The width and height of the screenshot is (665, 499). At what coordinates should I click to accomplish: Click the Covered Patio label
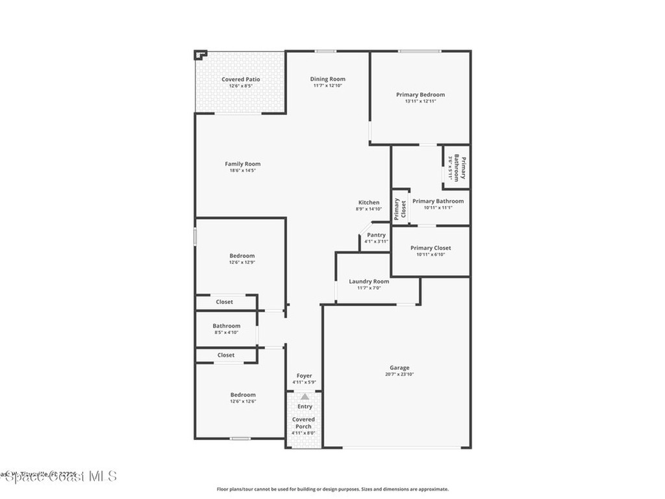(x=240, y=79)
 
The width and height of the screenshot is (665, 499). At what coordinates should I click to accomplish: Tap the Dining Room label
(x=327, y=79)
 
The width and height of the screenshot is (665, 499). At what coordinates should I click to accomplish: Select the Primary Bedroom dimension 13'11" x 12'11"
(x=420, y=101)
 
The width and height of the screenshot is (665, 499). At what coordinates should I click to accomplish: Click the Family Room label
(x=242, y=164)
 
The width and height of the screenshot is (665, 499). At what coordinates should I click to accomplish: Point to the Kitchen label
(x=368, y=203)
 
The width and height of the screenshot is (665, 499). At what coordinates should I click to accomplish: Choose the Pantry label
(x=376, y=235)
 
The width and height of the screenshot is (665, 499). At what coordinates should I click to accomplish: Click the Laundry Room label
(x=369, y=281)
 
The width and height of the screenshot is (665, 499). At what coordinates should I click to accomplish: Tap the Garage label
(x=399, y=368)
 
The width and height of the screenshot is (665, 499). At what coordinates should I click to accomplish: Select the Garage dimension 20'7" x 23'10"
(x=399, y=375)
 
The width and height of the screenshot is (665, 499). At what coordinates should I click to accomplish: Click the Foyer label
(x=304, y=376)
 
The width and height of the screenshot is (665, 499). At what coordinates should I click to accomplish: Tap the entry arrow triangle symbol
(x=305, y=396)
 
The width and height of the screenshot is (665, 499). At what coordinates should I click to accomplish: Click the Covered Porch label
(x=303, y=423)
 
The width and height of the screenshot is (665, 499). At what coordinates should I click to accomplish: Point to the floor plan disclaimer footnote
(x=332, y=489)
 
